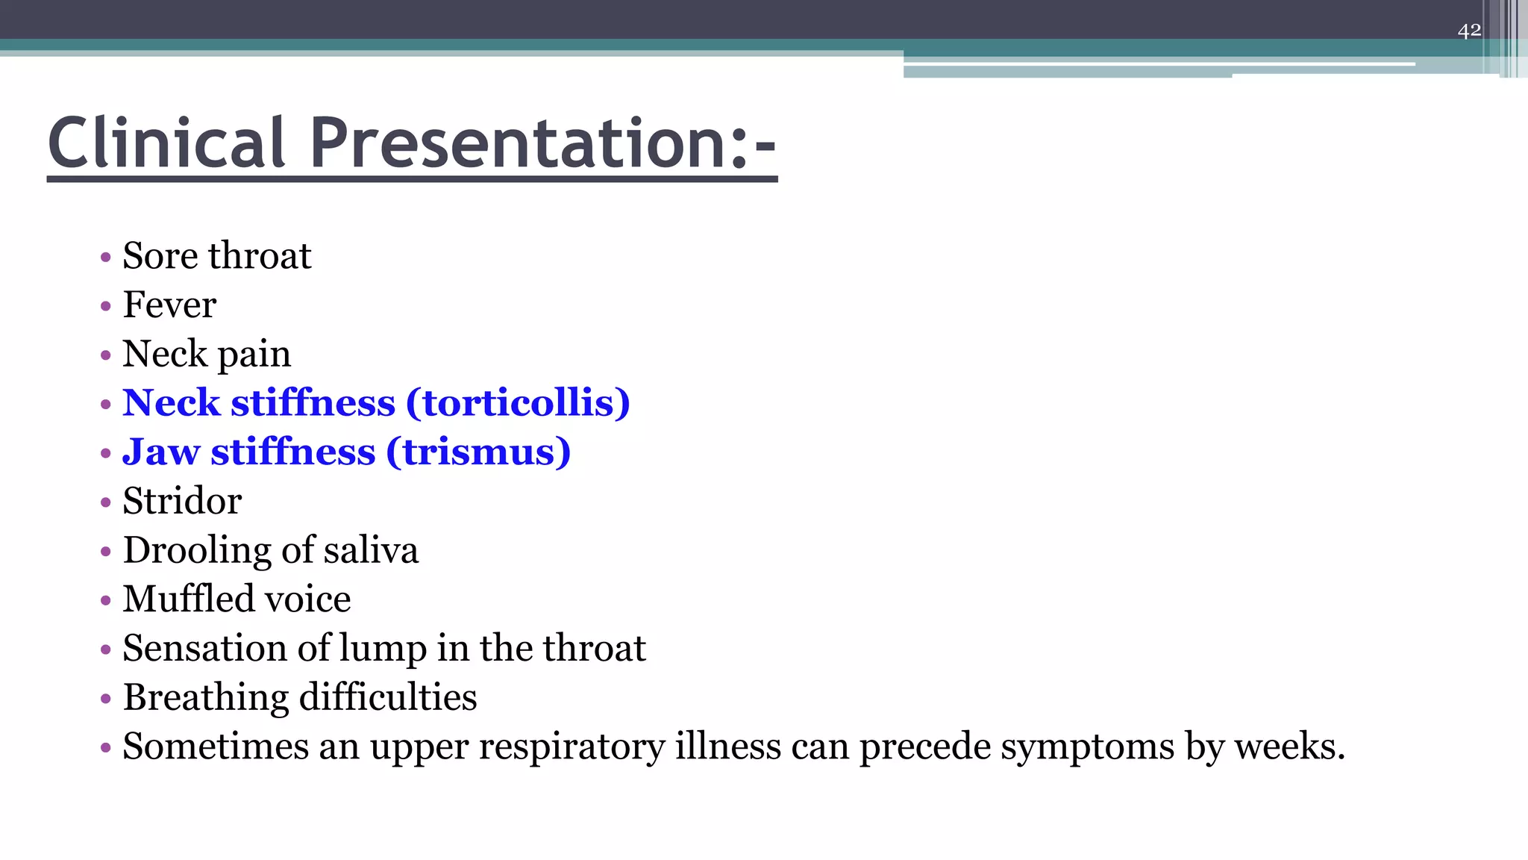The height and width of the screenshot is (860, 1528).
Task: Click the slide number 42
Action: point(1469,31)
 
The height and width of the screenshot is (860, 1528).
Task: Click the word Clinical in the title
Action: point(166,143)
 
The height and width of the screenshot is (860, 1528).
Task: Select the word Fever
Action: point(169,305)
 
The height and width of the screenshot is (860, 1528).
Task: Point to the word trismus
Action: point(478,452)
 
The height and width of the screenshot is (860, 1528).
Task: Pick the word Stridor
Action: point(182,501)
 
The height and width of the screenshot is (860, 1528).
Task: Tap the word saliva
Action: point(371,550)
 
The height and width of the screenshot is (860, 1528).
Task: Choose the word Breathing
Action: point(206,697)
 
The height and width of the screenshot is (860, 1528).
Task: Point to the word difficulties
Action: point(388,697)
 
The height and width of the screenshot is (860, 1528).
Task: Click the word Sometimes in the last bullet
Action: point(216,747)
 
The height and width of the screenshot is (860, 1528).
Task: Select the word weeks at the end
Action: point(1289,747)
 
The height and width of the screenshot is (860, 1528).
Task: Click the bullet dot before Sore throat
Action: point(106,258)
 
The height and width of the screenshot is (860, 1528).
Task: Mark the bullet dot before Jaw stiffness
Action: point(106,453)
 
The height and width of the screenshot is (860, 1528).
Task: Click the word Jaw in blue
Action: point(161,452)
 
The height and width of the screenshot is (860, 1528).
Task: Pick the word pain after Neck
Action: point(254,355)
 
